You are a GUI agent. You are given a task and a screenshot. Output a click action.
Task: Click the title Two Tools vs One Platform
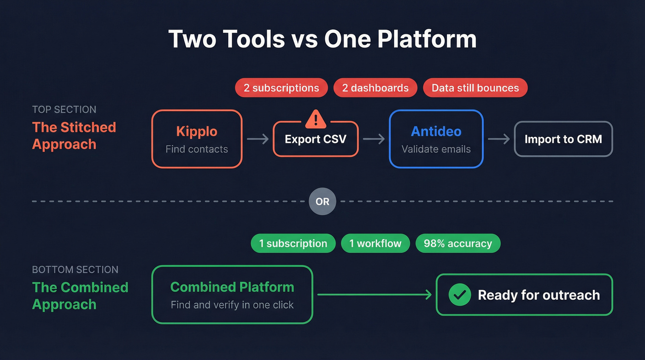[x=322, y=39]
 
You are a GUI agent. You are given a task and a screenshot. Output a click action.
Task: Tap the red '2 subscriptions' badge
[x=281, y=88]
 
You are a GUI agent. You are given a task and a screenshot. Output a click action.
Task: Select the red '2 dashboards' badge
[x=375, y=88]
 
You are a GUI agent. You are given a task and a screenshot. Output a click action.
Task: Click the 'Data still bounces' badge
[x=475, y=88]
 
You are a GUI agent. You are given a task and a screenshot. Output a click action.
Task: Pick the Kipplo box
[x=197, y=139]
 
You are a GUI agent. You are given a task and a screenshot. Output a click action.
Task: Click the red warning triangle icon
[x=316, y=119]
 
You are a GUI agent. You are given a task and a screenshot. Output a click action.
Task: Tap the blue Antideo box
[x=436, y=139]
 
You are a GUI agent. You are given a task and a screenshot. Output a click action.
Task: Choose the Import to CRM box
[x=563, y=139]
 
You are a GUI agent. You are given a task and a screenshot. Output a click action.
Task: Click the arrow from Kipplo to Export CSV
[x=258, y=139]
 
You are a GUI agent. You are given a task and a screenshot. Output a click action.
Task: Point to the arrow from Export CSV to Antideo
[x=374, y=139]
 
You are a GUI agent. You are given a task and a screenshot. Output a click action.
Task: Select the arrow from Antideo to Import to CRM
[x=498, y=139]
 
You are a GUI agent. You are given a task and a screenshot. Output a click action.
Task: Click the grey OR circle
[x=322, y=201]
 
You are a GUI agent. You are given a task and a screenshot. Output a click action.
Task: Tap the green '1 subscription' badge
[x=293, y=243]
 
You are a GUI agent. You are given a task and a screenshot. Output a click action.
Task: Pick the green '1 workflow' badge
[x=375, y=243]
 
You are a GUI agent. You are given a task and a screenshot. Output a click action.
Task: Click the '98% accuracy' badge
[x=457, y=243]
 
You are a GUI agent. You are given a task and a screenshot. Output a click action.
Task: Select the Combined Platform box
[x=232, y=295]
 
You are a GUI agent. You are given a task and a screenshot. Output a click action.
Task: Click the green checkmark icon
[x=460, y=295]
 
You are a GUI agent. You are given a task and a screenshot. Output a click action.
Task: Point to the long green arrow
[x=374, y=295]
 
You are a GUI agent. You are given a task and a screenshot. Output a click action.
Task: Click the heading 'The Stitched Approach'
[x=74, y=136]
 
